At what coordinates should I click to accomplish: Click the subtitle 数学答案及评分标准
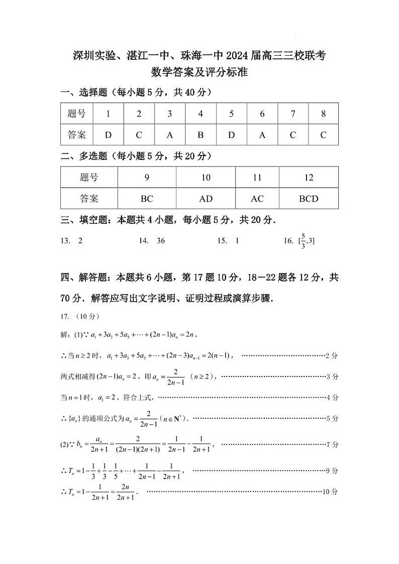pos(199,72)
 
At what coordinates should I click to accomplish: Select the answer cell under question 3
pos(170,135)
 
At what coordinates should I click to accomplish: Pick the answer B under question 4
pos(201,135)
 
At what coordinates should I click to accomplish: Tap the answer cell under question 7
pos(293,135)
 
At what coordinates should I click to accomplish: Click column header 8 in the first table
pos(323,114)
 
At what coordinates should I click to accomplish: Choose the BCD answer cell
pos(309,199)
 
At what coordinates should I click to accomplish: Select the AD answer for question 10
pos(206,199)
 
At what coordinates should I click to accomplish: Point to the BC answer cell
pos(147,199)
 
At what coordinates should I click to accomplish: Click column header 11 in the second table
pos(257,177)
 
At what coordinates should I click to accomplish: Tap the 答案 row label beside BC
pos(89,199)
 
